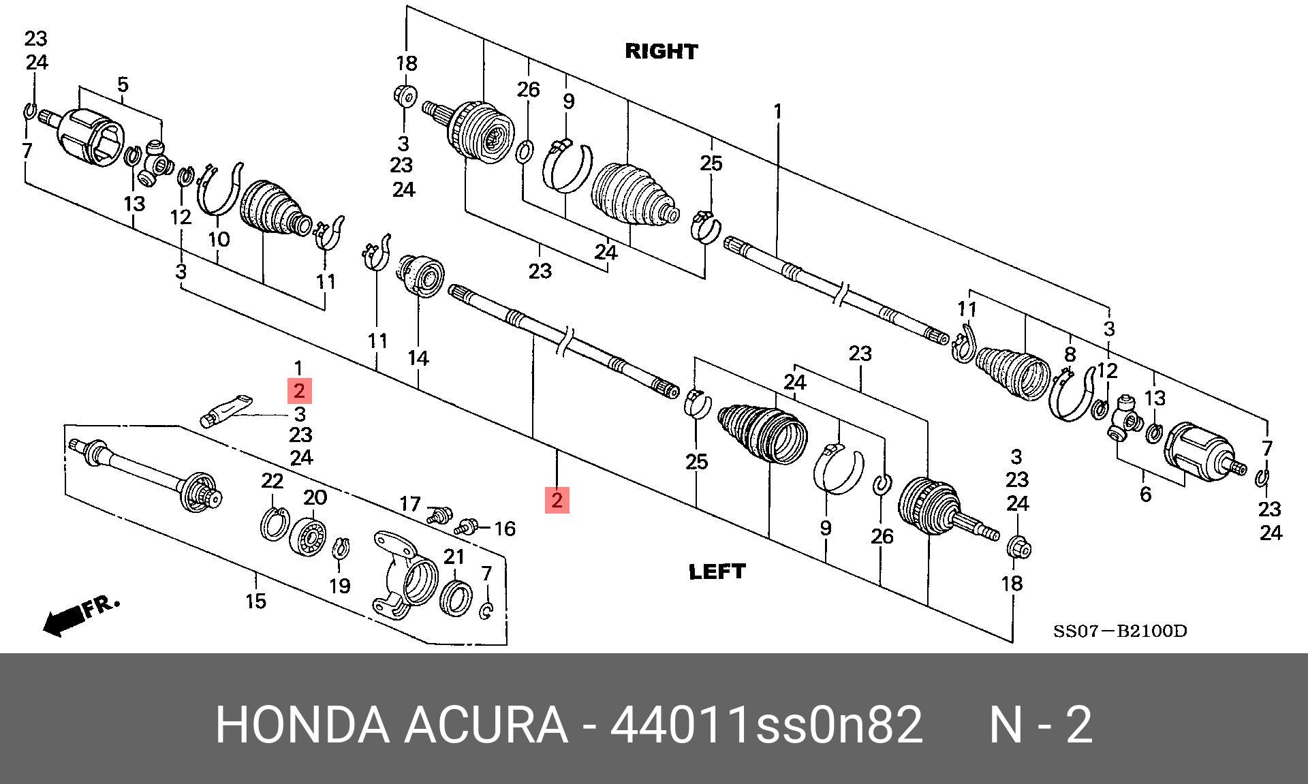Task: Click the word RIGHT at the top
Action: [x=661, y=52]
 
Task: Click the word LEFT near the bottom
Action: [x=717, y=571]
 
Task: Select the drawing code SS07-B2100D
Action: [x=1120, y=631]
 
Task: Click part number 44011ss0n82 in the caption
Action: [x=766, y=725]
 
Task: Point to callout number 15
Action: [x=255, y=601]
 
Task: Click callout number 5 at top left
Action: [x=123, y=85]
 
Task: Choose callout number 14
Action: [x=418, y=358]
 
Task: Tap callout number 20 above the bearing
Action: [x=315, y=497]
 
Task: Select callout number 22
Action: [x=272, y=482]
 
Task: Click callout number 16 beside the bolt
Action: [x=504, y=529]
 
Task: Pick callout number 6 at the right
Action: [x=1145, y=495]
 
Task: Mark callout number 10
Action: [x=219, y=239]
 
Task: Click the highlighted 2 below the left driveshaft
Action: [x=557, y=501]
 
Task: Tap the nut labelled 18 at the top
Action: [x=405, y=96]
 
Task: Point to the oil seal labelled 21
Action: [x=455, y=597]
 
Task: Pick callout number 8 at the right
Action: [x=1070, y=354]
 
